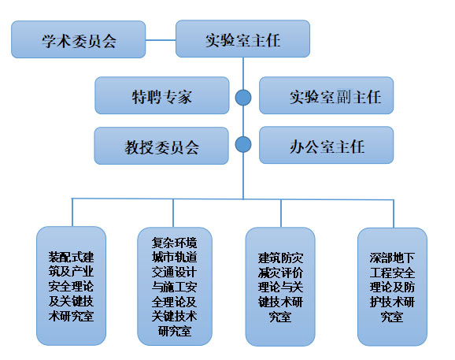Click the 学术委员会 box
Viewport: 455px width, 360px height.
pos(79,39)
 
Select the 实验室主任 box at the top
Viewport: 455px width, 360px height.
pos(243,39)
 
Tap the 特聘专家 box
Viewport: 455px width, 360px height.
pos(162,95)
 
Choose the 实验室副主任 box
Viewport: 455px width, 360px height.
pos(327,95)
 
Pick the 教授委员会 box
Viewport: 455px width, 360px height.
pos(161,146)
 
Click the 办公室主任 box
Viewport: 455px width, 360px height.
pos(327,145)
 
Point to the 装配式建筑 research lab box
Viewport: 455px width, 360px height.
pos(71,286)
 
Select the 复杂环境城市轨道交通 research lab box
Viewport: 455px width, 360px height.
pos(175,287)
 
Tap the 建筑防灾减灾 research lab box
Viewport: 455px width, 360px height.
pos(280,287)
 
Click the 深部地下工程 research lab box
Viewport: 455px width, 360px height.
pos(392,287)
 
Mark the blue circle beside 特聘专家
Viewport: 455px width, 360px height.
pos(243,97)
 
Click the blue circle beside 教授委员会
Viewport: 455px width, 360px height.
pos(243,144)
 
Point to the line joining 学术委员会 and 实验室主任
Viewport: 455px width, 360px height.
pos(161,39)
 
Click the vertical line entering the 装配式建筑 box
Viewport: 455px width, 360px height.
pos(72,213)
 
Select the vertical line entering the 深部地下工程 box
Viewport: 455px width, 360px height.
pos(394,214)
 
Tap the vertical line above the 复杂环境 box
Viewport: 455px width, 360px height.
pos(173,213)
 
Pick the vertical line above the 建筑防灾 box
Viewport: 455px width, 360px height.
pos(281,213)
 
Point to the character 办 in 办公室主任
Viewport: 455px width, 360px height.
pos(297,147)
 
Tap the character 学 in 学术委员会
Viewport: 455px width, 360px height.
pos(50,41)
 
